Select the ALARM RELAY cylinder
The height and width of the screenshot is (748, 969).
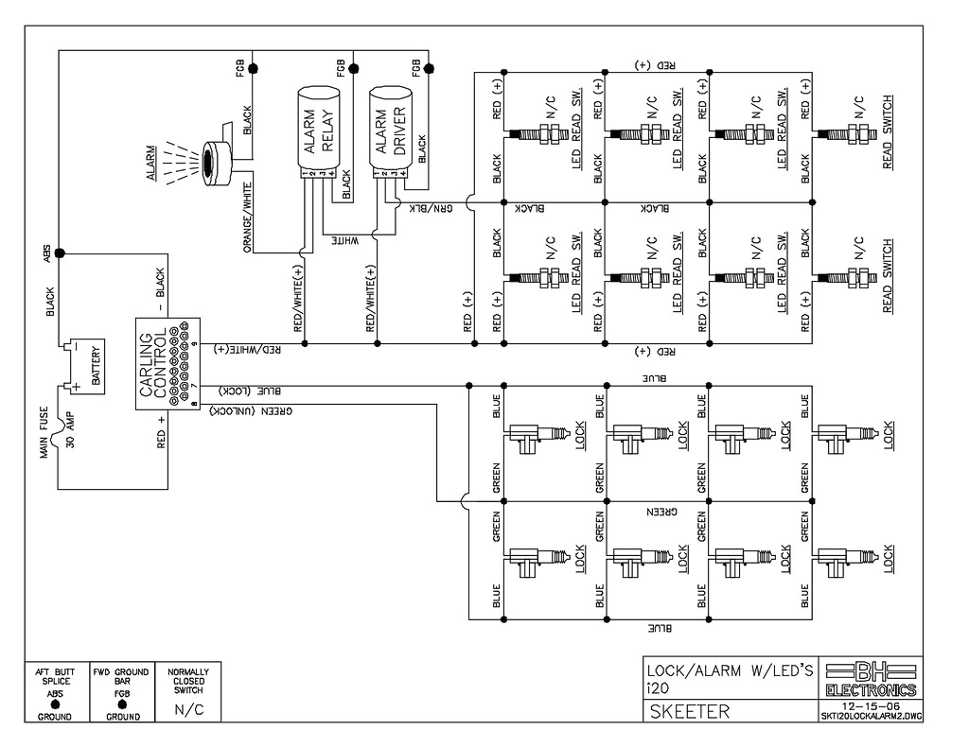pos(315,132)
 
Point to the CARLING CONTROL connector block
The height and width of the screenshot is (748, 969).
pos(166,363)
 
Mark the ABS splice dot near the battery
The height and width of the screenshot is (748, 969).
pos(59,253)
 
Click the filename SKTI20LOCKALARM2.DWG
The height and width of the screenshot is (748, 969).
pos(870,716)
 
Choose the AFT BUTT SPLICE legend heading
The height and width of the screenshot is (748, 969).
pos(55,677)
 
